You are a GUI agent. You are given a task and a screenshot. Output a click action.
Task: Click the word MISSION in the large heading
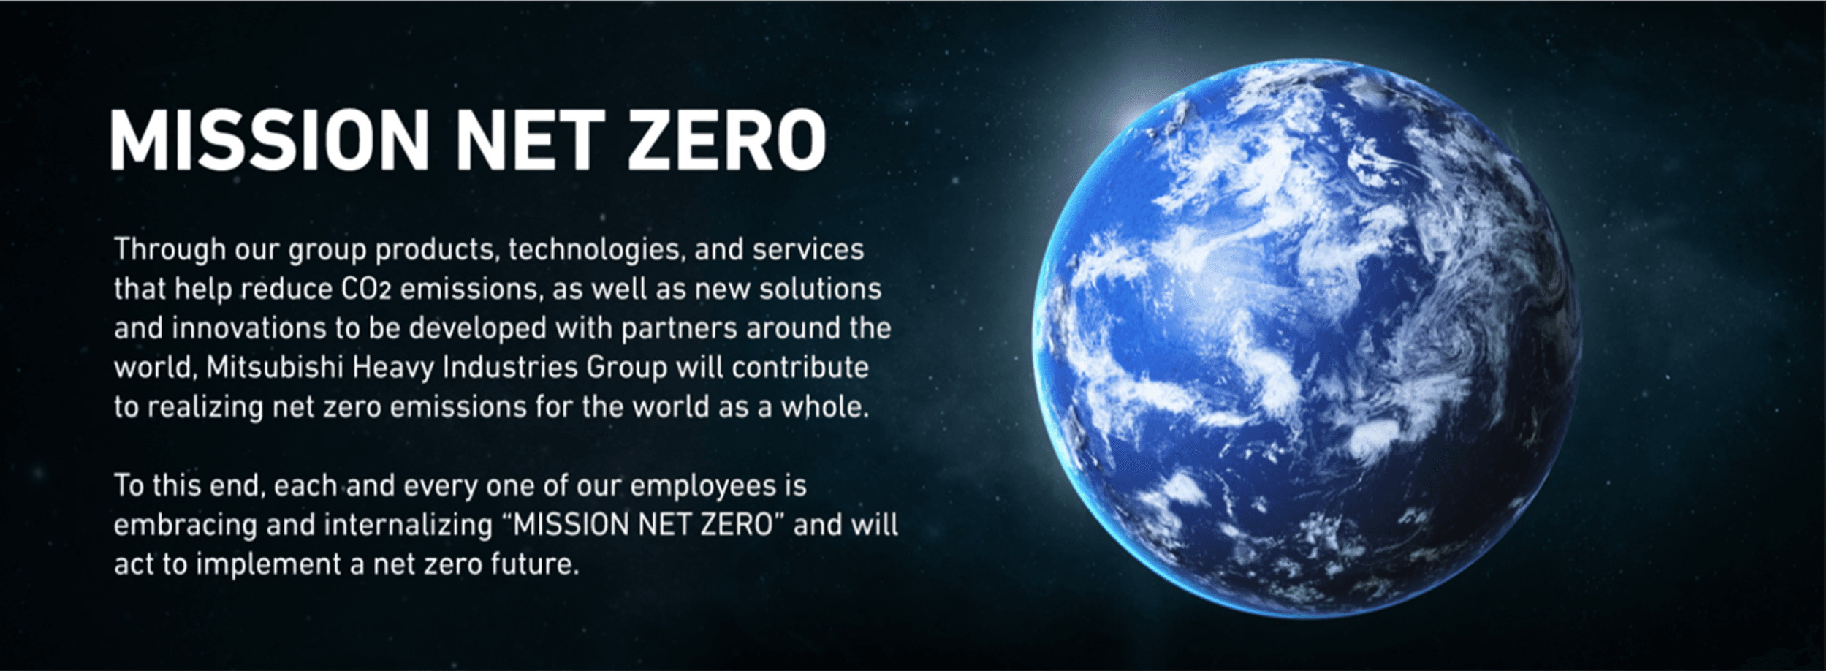[x=270, y=140]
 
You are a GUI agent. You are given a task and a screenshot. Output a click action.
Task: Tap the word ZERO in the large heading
[x=726, y=140]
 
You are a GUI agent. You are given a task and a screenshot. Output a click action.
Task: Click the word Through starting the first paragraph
[x=170, y=250]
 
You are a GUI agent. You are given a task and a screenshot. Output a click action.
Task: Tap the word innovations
[x=249, y=329]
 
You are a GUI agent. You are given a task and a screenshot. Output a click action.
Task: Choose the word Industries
[x=511, y=368]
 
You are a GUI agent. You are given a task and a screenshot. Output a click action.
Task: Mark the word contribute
[x=800, y=368]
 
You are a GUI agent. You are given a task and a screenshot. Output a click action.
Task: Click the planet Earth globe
[x=1307, y=338]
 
